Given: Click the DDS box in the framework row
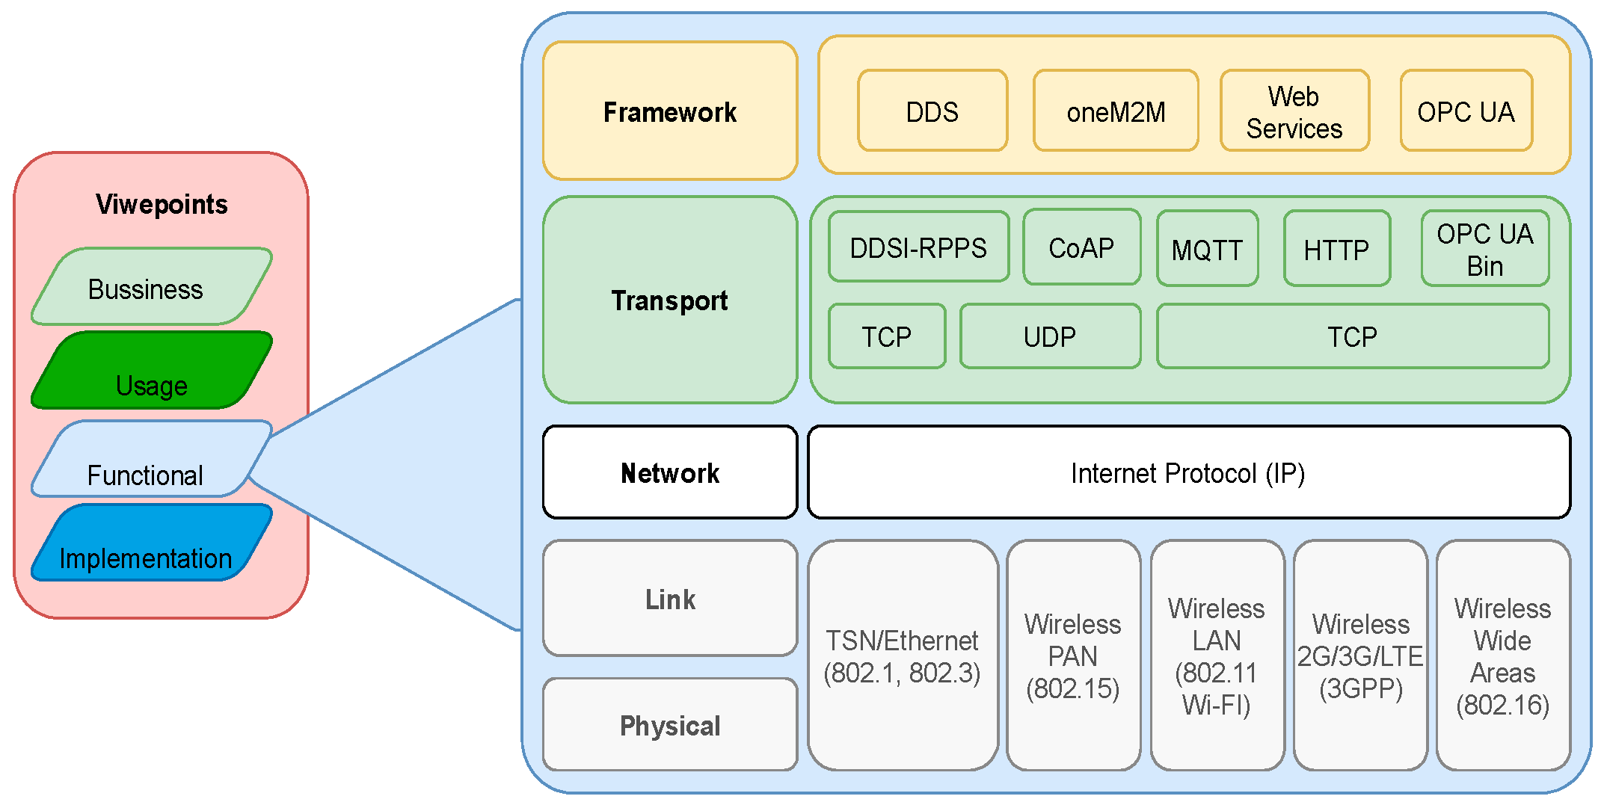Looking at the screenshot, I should (x=932, y=111).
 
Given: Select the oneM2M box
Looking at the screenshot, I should (x=1115, y=111).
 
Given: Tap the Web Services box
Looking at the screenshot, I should (x=1294, y=111).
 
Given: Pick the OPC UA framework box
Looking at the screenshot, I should (x=1466, y=111).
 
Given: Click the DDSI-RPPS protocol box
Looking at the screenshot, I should (x=918, y=247).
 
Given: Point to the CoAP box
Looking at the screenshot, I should (x=1081, y=247).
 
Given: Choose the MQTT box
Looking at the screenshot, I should (x=1207, y=248).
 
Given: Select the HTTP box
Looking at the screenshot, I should (x=1336, y=248).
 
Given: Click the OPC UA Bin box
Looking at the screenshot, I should (x=1484, y=248).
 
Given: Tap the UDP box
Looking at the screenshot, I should (x=1050, y=336).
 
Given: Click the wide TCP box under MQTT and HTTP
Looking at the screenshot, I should (x=1352, y=336).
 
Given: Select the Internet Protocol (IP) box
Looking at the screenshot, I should (x=1188, y=472).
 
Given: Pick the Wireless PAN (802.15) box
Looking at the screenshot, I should (x=1073, y=656).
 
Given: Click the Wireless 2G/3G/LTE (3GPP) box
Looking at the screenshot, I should (x=1360, y=656).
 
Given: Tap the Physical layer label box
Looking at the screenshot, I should (x=670, y=724).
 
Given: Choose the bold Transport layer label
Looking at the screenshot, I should (x=669, y=300).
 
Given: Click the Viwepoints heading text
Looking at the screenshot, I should (x=162, y=204).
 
